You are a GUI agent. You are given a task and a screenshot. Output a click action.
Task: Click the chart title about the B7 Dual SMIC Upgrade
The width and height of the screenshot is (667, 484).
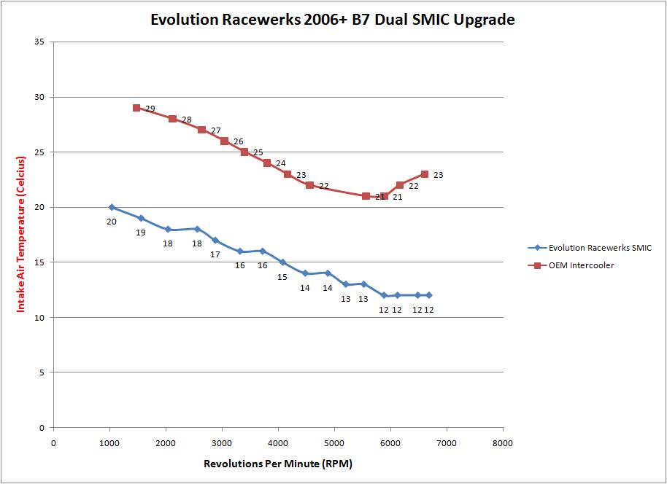332,20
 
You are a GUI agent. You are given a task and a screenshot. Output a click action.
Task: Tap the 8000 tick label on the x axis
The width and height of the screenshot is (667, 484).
503,442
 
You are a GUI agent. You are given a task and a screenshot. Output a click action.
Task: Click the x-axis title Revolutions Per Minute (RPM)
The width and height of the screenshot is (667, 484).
278,464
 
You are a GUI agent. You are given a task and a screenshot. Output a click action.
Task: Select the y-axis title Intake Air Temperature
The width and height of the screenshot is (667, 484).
21,233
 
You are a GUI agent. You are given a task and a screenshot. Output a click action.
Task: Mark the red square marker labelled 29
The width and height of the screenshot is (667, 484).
136,108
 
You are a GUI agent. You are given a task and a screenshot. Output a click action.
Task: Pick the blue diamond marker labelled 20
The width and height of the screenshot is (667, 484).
112,207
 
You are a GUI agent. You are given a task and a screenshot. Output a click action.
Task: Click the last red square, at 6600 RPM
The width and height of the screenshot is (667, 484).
425,174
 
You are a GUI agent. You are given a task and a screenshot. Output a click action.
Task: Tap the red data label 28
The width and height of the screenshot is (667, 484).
187,120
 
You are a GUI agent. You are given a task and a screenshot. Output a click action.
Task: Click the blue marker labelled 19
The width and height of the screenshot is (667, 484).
141,218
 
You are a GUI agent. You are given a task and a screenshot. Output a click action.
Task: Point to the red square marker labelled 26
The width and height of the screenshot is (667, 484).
224,141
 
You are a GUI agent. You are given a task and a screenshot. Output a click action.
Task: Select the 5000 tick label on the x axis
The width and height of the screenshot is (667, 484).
334,442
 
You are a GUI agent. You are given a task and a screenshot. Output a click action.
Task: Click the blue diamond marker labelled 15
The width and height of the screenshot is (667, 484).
282,262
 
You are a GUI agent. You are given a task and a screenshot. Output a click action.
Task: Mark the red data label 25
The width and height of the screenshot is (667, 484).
258,153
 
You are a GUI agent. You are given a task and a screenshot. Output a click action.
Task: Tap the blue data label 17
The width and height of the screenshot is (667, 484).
215,254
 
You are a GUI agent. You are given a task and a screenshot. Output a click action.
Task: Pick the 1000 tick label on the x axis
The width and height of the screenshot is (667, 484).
109,442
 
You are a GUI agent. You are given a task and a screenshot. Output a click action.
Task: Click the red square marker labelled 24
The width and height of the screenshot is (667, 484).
267,163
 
